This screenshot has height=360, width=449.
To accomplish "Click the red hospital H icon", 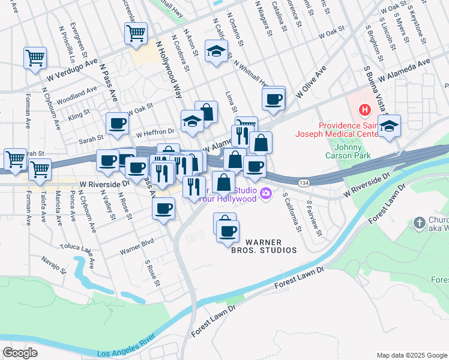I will coord(364,110).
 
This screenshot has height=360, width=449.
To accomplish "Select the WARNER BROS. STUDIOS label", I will coord(264,246).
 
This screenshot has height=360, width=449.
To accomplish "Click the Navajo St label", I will coord(53,265).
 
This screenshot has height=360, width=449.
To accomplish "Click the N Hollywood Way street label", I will coord(169,70).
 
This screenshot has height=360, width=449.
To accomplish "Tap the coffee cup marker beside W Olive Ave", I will coord(274,100).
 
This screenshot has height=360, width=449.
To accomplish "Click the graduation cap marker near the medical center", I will coord(390,127).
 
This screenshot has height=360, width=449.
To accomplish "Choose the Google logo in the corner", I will coord(20,353).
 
